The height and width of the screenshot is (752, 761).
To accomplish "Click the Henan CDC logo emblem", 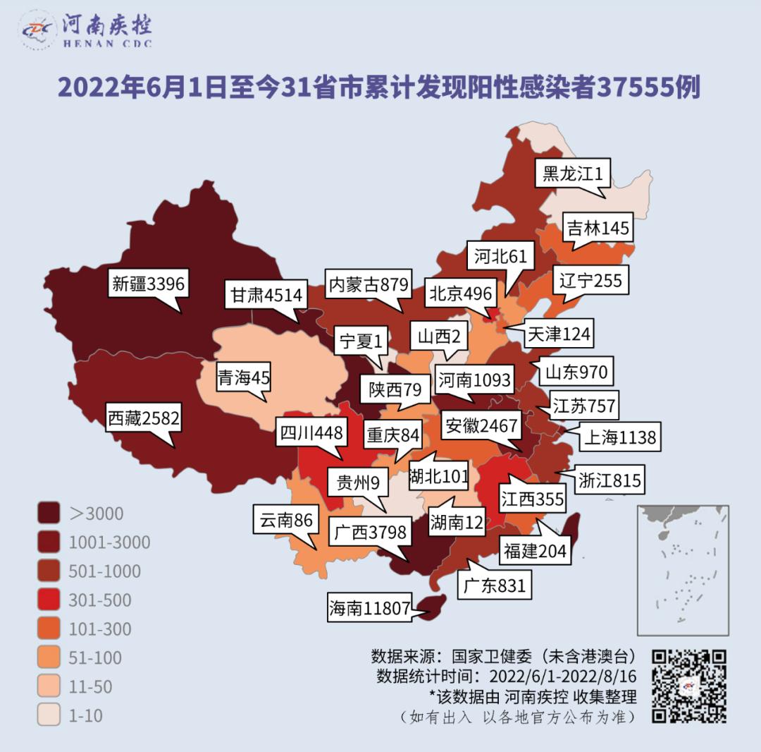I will (x=37, y=30).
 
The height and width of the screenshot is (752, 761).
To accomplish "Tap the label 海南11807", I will (x=369, y=608).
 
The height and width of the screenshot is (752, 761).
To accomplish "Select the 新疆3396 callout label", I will (x=148, y=284).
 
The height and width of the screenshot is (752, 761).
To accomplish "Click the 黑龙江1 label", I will (x=572, y=172).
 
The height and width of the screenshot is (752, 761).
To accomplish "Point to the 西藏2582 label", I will (x=143, y=418).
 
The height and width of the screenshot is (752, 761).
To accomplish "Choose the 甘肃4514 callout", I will (x=266, y=295).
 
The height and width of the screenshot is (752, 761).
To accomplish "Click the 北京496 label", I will (x=462, y=293).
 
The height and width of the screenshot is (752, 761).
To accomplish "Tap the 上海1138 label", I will (x=619, y=437).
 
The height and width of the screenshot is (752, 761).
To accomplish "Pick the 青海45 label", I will (x=243, y=377).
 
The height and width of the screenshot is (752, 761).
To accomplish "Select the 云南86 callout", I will (x=285, y=521).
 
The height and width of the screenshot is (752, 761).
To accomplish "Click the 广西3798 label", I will (x=370, y=531).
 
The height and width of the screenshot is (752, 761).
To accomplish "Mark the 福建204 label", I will (x=535, y=550).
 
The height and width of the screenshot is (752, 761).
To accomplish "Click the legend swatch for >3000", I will (x=49, y=514).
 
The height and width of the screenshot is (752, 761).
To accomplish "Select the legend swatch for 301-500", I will (x=49, y=600).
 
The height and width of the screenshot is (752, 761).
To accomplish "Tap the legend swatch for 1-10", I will (x=49, y=715).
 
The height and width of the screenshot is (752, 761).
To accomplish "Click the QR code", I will (x=688, y=686).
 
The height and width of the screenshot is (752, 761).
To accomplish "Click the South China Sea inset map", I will (x=682, y=570).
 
